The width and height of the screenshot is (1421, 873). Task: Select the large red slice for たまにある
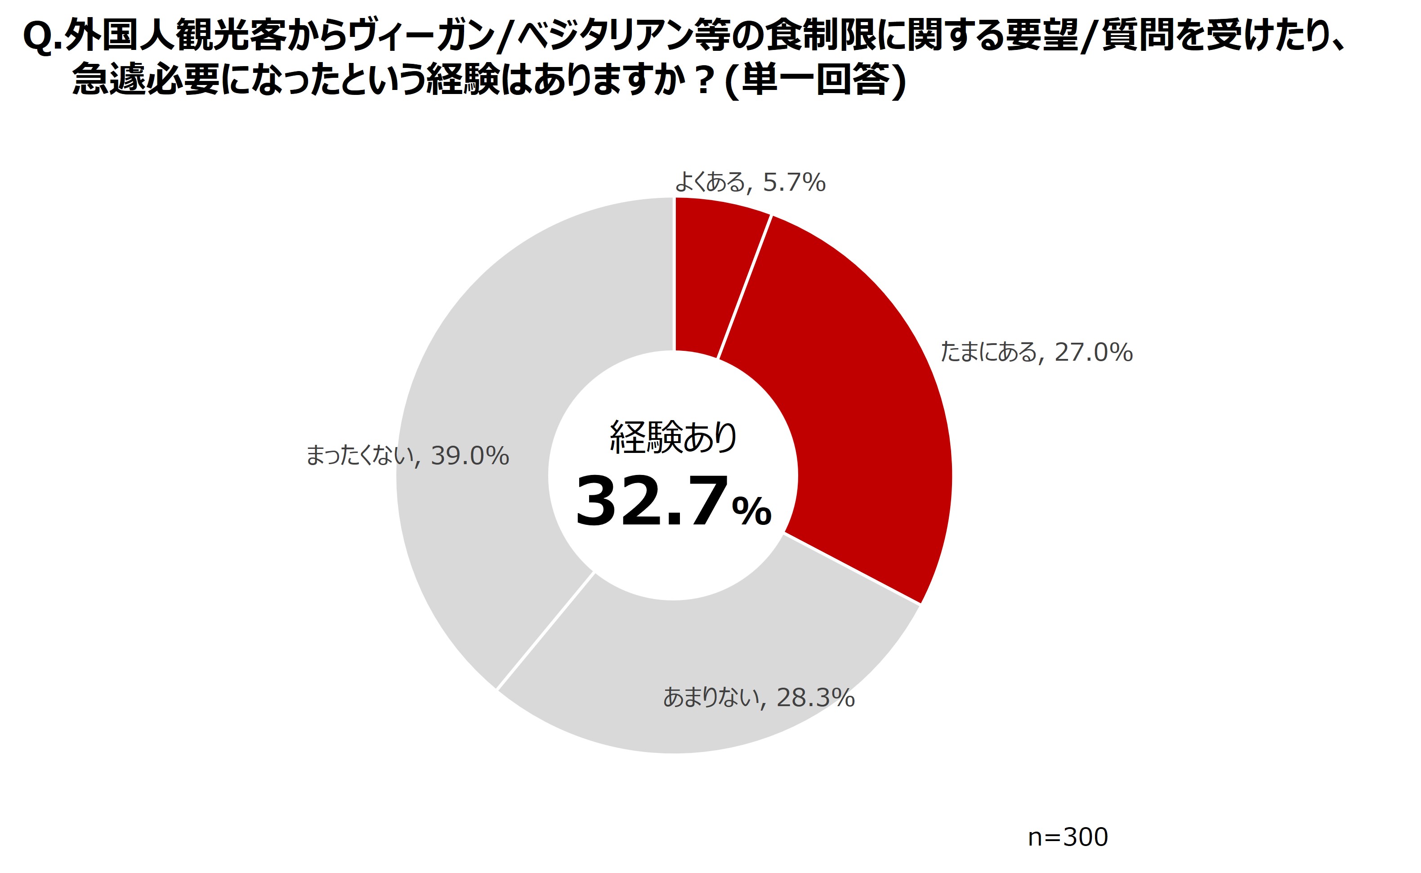pos(854,404)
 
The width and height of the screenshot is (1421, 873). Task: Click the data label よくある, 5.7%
pos(751,183)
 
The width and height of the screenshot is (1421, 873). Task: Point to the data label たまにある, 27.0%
pos(1037,352)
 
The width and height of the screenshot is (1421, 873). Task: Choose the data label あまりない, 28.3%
pos(759,698)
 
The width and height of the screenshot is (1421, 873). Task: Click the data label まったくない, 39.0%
pos(407,456)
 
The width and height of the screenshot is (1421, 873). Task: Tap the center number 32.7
pos(651,501)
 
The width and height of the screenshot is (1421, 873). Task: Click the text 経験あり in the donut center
pos(674,437)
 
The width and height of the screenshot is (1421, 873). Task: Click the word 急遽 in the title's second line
pos(109,79)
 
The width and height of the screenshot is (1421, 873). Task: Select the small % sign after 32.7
pos(751,511)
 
